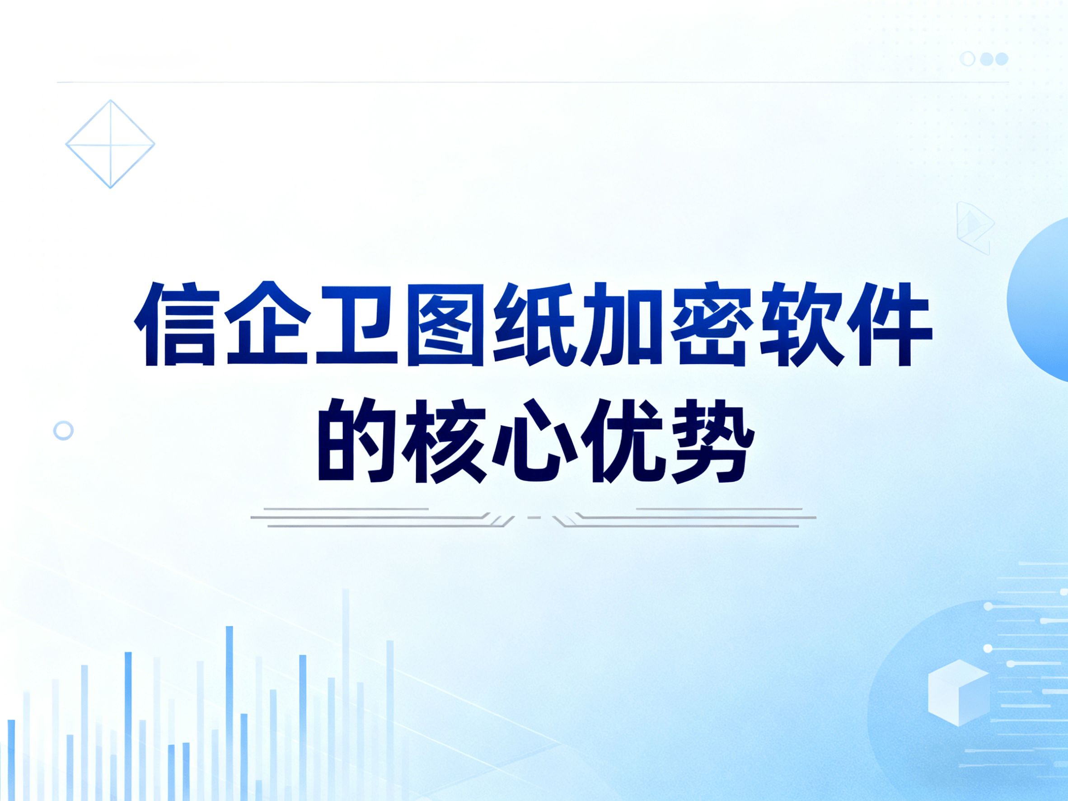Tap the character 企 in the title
(x=267, y=323)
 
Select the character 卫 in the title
(x=356, y=324)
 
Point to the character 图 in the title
(x=445, y=324)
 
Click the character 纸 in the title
(x=534, y=324)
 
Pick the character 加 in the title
(x=623, y=324)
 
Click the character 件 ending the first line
(x=891, y=324)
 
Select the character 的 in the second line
(x=356, y=440)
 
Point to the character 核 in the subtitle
(x=445, y=440)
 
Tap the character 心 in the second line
(x=535, y=440)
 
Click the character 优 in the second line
(x=624, y=440)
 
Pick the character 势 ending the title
(x=712, y=440)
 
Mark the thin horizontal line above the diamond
(x=533, y=82)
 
